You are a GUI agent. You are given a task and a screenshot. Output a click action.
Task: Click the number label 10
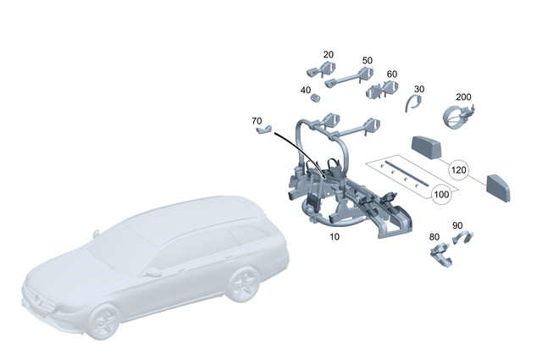[x=335, y=237]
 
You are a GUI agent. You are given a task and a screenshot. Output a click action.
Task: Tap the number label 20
[x=329, y=54]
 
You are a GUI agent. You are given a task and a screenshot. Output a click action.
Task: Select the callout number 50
[x=367, y=61]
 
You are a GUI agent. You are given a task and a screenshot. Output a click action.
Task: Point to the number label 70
[x=257, y=121]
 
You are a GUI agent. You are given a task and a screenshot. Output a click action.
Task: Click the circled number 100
[x=441, y=195]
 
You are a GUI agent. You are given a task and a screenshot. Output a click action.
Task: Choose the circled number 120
[x=458, y=169]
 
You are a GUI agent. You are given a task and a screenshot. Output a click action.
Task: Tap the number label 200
[x=463, y=97]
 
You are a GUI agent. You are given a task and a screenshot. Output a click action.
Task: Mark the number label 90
[x=457, y=225]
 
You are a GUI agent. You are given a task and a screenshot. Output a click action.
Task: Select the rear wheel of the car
[x=242, y=285]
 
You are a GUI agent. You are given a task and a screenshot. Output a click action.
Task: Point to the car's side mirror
[x=153, y=273]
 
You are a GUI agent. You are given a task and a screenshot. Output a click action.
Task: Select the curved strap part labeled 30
[x=412, y=104]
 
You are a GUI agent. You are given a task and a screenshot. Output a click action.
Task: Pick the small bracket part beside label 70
[x=265, y=130]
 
